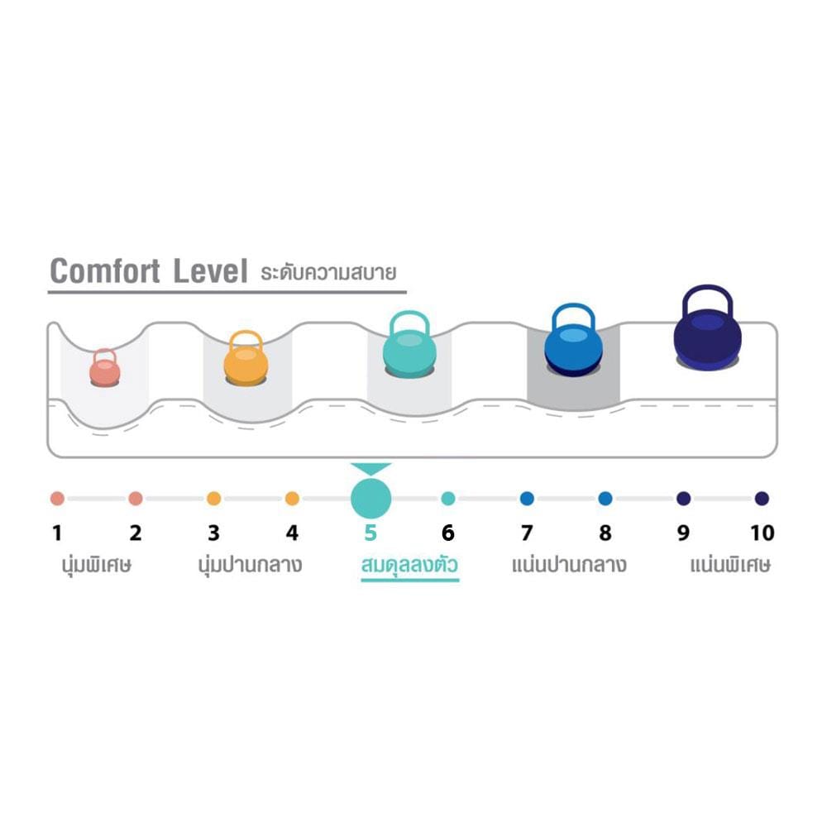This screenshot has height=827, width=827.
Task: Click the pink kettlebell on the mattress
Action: [104, 368]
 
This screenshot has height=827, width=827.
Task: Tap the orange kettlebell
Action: [246, 359]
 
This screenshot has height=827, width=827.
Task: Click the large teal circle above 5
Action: [370, 499]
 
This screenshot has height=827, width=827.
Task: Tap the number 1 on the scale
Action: [57, 533]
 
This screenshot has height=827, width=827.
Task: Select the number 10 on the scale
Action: [762, 533]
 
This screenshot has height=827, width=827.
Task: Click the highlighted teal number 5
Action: [370, 533]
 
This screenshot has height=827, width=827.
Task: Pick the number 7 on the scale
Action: [526, 533]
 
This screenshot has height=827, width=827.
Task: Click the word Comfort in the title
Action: [104, 271]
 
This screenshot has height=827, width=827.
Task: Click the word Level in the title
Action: [210, 271]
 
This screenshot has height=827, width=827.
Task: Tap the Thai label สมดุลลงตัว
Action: [409, 566]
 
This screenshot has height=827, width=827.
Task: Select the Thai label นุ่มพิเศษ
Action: [97, 566]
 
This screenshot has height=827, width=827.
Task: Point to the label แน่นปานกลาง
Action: [569, 565]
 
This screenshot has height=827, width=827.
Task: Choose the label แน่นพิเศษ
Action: [730, 565]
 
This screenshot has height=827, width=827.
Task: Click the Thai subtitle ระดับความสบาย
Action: [328, 273]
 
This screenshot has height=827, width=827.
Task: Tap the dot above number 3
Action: [213, 499]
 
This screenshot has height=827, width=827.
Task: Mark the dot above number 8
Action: [605, 499]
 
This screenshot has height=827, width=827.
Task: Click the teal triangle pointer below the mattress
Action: [370, 468]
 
